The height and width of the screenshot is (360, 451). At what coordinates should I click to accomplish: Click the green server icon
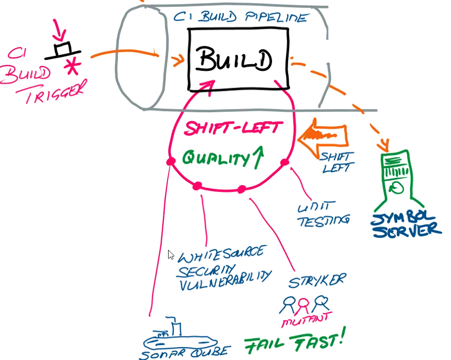pos(397,177)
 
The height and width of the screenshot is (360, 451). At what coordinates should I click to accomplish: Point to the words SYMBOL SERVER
pos(405,223)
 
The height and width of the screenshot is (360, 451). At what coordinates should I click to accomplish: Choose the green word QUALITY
pos(215,157)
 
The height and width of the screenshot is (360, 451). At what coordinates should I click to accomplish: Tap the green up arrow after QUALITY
pos(255,157)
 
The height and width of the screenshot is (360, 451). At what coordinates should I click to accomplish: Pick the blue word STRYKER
pos(317,281)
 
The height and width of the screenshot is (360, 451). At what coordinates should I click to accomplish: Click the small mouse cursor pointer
pos(171,255)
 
